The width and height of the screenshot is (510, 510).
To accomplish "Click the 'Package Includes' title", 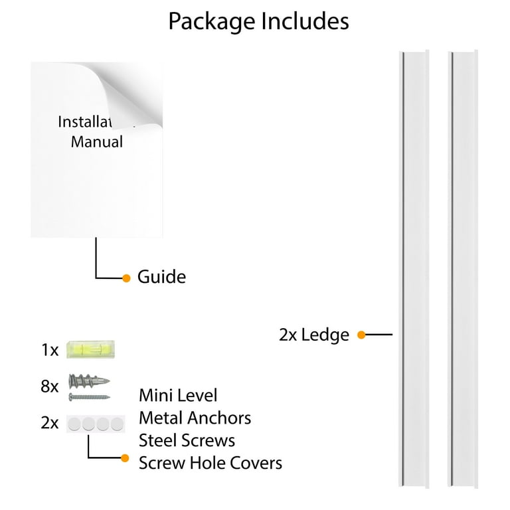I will pos(258,21).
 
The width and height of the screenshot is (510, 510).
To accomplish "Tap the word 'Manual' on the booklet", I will pos(97,141).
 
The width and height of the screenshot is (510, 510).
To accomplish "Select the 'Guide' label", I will pos(161,277).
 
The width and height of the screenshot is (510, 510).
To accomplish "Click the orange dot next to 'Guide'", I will pos(127,278).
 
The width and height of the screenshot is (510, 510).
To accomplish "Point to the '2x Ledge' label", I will pos(314,335).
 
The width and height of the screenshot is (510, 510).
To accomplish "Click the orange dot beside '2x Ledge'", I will pos(361,335).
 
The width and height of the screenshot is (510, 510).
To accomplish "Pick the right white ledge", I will pos(464,266).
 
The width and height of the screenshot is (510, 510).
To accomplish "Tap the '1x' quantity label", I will pos(50,350).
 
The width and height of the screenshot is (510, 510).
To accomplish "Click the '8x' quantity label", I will pos(50,386).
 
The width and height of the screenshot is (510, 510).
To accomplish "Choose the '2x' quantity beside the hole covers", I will pos(50,422).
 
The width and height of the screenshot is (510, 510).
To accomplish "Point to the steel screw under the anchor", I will pos(88,397).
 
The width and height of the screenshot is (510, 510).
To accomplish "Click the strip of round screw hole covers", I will pos(96,422).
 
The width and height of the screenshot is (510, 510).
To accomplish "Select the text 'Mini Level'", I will pos(178,396).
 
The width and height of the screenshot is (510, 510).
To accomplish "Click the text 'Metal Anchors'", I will pos(195,418).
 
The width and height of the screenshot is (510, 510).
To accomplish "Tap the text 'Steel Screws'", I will pos(187,440).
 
